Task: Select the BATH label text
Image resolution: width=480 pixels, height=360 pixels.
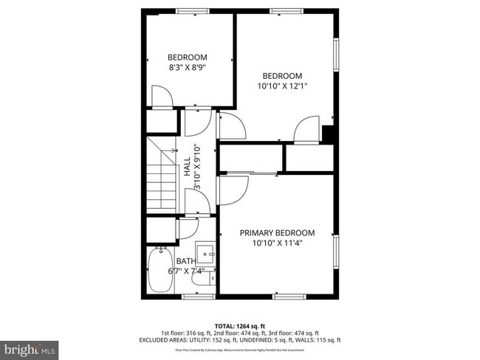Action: [185, 262]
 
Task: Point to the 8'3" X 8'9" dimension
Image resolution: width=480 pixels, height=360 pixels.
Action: [187, 68]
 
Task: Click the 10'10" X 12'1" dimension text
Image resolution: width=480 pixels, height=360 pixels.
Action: [282, 86]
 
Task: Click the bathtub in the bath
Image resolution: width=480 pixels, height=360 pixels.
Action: [159, 272]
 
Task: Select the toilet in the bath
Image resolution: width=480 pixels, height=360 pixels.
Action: [208, 277]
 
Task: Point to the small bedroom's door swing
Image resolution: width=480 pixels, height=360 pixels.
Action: [162, 96]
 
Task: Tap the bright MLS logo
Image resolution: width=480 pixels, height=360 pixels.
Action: [29, 347]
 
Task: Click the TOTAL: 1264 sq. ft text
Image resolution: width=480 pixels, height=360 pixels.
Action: [239, 325]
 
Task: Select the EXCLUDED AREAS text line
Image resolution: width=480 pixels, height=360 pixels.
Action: [239, 340]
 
